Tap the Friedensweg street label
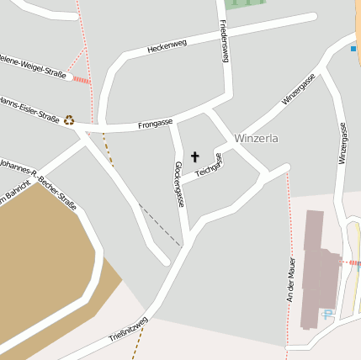pos(225,41)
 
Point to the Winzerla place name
pos(256,138)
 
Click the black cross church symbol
pos(195,156)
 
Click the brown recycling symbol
pos(69,120)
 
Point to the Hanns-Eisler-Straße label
pos(29,110)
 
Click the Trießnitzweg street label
pos(128,332)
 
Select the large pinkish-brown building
pos(318,269)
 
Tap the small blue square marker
pos(353,49)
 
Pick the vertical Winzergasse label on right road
pos(342,143)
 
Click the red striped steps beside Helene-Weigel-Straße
pos(81,80)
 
